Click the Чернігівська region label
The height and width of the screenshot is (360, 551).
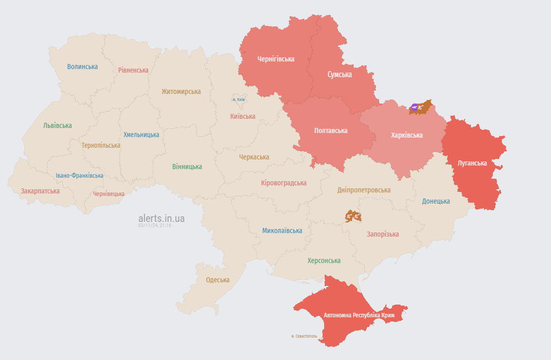point(275,59)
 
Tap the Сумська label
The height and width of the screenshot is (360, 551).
point(339,74)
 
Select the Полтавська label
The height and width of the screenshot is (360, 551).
point(330,130)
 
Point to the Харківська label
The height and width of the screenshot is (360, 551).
point(406,135)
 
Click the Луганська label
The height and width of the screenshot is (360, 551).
point(472,163)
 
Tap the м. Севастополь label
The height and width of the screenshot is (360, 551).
point(304,336)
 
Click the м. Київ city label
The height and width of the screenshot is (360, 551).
point(238,100)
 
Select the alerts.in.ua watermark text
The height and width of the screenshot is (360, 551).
point(161,218)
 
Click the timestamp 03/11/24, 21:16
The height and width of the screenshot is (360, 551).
point(155,225)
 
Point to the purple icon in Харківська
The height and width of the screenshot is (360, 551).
point(415,107)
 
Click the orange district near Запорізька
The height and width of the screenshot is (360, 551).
point(353,216)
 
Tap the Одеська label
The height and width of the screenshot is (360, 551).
point(217,280)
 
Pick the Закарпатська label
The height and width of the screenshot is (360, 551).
point(40,191)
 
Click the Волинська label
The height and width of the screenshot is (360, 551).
point(82,67)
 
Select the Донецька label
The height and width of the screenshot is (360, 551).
point(436,201)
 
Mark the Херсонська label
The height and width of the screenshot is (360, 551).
point(324,260)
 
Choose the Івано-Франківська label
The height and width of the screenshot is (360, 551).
point(79,176)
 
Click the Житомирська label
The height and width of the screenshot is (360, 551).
point(181,92)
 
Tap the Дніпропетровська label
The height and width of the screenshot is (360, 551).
point(364,190)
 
